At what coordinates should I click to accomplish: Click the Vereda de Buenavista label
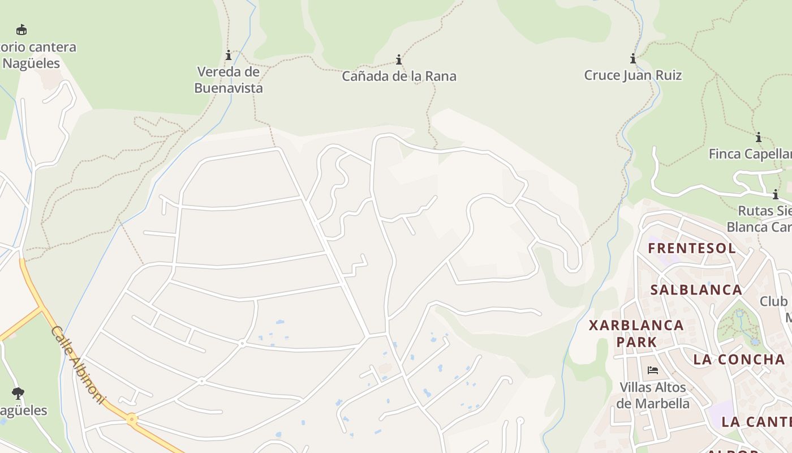coord(229,80)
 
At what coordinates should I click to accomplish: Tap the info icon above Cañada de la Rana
coord(399,59)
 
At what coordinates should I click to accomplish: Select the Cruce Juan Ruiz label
coord(633,75)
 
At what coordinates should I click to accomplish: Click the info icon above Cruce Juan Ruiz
coord(633,58)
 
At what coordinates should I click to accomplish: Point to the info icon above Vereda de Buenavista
coord(229,55)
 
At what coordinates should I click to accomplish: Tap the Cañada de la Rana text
coord(399,76)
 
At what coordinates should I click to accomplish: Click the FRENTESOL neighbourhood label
coord(692,248)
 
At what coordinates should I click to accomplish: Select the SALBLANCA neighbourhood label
coord(696,290)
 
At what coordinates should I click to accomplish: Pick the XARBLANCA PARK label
coord(636,334)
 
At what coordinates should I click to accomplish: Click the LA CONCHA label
coord(739,360)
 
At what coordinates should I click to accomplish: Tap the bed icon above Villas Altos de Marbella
coord(653,371)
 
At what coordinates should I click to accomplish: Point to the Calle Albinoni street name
coord(78,365)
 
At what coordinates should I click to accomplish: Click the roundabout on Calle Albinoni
coord(132,420)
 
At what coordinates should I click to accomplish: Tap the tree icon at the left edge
coord(18,392)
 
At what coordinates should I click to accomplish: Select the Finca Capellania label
coord(750,154)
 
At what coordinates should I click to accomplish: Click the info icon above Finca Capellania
coord(759,137)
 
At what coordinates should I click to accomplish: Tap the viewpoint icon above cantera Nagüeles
coord(21,29)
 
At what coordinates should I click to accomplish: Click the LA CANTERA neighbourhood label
coord(756,422)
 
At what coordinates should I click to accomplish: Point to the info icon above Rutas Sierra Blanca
coord(776,194)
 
